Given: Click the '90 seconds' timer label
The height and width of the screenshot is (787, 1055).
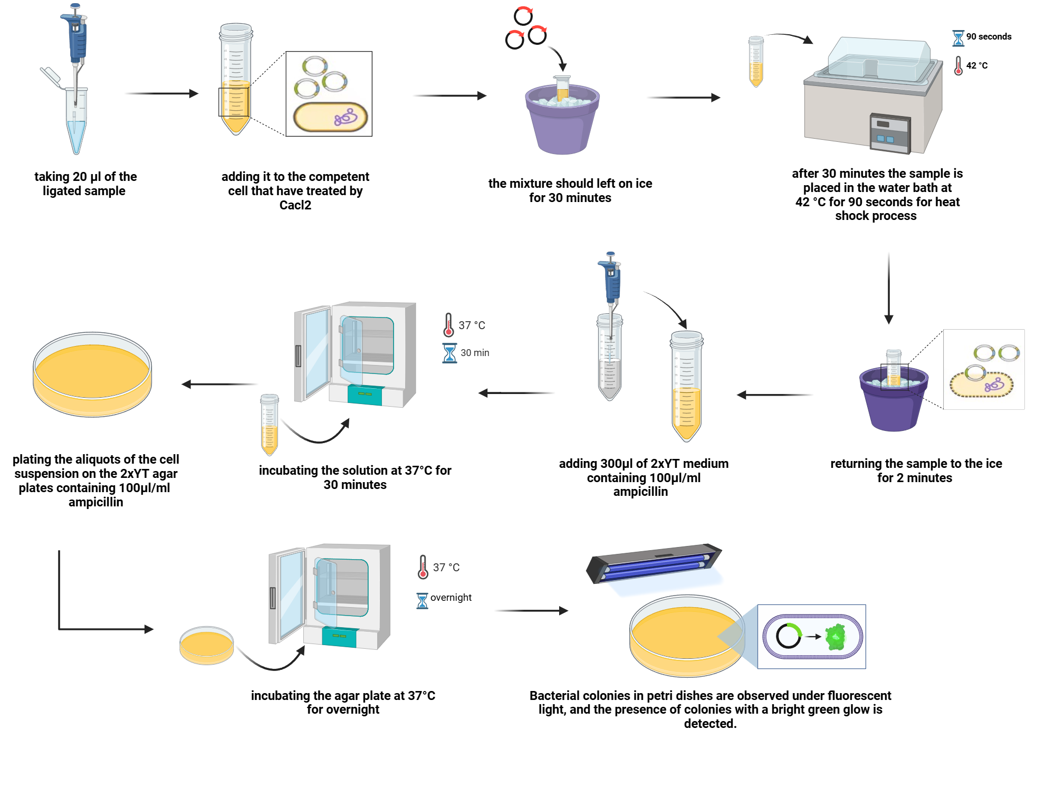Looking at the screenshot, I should point(989,36).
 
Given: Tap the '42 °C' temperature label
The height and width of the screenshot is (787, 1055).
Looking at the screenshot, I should point(977,65).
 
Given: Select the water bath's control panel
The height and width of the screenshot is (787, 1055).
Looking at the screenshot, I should point(890,133).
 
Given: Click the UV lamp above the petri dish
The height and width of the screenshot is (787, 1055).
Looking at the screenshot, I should point(654,563).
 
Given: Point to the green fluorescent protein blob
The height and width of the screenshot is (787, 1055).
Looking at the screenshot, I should point(836,637).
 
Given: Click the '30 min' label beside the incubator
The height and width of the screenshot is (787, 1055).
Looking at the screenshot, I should point(475,353).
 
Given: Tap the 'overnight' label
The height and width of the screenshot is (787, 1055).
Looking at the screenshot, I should point(451,598).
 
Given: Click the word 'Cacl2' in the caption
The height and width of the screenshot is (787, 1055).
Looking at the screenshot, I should point(295,205).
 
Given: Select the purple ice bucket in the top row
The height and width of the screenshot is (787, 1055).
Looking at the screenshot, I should point(562,124).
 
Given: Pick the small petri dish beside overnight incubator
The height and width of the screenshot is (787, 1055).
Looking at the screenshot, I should point(206,646).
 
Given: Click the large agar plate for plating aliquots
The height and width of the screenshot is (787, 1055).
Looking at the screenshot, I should point(92,375).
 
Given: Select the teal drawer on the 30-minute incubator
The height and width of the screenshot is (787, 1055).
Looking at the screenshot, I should point(365,394).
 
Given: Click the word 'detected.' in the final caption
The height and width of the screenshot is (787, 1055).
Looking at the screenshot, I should point(710,724).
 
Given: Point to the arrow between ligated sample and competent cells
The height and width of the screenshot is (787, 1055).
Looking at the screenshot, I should point(162,93).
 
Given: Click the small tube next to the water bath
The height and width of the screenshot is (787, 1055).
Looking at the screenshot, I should point(756,61).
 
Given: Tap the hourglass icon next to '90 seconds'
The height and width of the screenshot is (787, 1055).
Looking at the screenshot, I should point(958,38).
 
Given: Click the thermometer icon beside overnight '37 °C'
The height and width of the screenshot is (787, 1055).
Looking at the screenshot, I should point(423,567).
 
